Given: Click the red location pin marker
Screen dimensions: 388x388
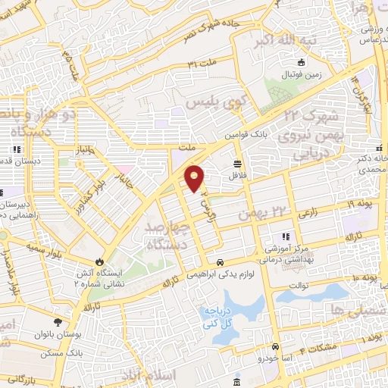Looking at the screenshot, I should (195, 178).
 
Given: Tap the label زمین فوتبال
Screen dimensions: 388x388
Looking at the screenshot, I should (302, 74).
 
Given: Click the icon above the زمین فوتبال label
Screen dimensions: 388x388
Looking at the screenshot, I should (302, 62).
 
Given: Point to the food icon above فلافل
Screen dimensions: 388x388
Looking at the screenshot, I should (239, 163).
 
